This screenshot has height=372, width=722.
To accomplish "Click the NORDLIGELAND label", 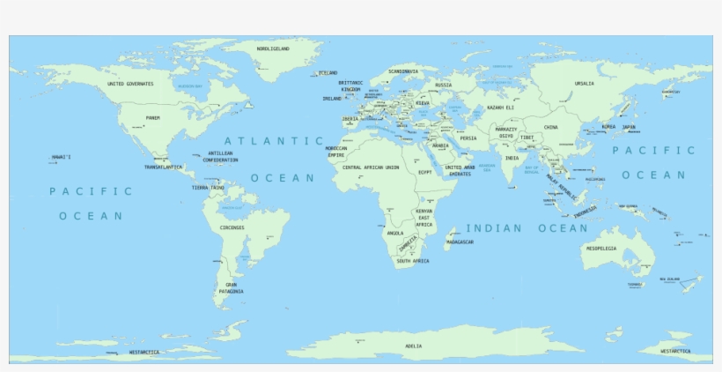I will (x=273, y=48).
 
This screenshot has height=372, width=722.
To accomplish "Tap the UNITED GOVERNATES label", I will (x=130, y=84).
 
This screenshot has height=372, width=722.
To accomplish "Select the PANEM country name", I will (x=153, y=117).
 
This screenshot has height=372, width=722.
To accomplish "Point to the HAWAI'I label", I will (x=61, y=157).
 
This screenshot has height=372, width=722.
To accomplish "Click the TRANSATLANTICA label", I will (x=164, y=167).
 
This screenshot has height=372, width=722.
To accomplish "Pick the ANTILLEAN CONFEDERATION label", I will (x=220, y=156).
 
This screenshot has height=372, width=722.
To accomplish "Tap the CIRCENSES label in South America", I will (x=232, y=227).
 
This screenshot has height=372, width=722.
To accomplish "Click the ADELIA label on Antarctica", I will (x=413, y=346).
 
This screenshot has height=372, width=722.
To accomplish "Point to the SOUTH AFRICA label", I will (x=413, y=261).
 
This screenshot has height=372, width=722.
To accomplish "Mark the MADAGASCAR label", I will (x=460, y=242).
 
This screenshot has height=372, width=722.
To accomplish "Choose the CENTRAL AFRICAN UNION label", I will (x=371, y=167).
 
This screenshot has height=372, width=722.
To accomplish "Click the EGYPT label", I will (x=425, y=172).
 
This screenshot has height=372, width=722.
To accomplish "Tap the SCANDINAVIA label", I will (x=403, y=71).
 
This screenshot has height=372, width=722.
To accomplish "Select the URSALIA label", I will (x=584, y=84).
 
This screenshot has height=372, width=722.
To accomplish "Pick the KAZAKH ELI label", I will (x=500, y=108).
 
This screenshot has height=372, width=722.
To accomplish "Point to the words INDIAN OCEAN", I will (x=527, y=228).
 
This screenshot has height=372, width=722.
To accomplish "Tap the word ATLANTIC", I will (x=274, y=140).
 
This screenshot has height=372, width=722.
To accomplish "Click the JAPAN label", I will (x=629, y=126).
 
